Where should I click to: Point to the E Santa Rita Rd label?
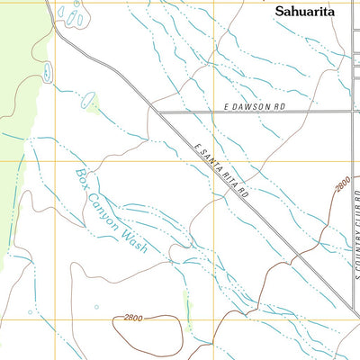click(221, 170)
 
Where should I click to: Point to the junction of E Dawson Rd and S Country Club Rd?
click(352, 111)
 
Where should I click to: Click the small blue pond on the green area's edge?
click(44, 71)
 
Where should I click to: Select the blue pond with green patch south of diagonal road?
click(90, 106)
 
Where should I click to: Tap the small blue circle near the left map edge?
click(30, 312)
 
